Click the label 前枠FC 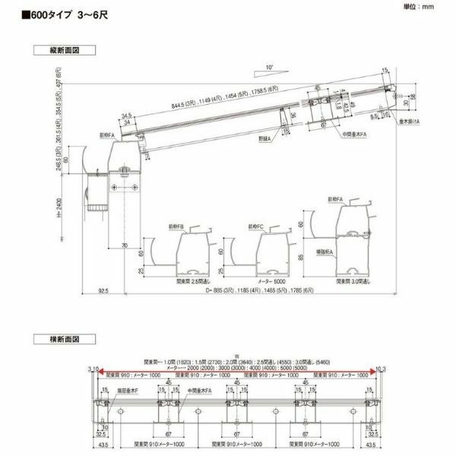tap(255, 226)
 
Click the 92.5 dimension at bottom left tap(103, 291)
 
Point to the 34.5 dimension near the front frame tap(125, 116)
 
